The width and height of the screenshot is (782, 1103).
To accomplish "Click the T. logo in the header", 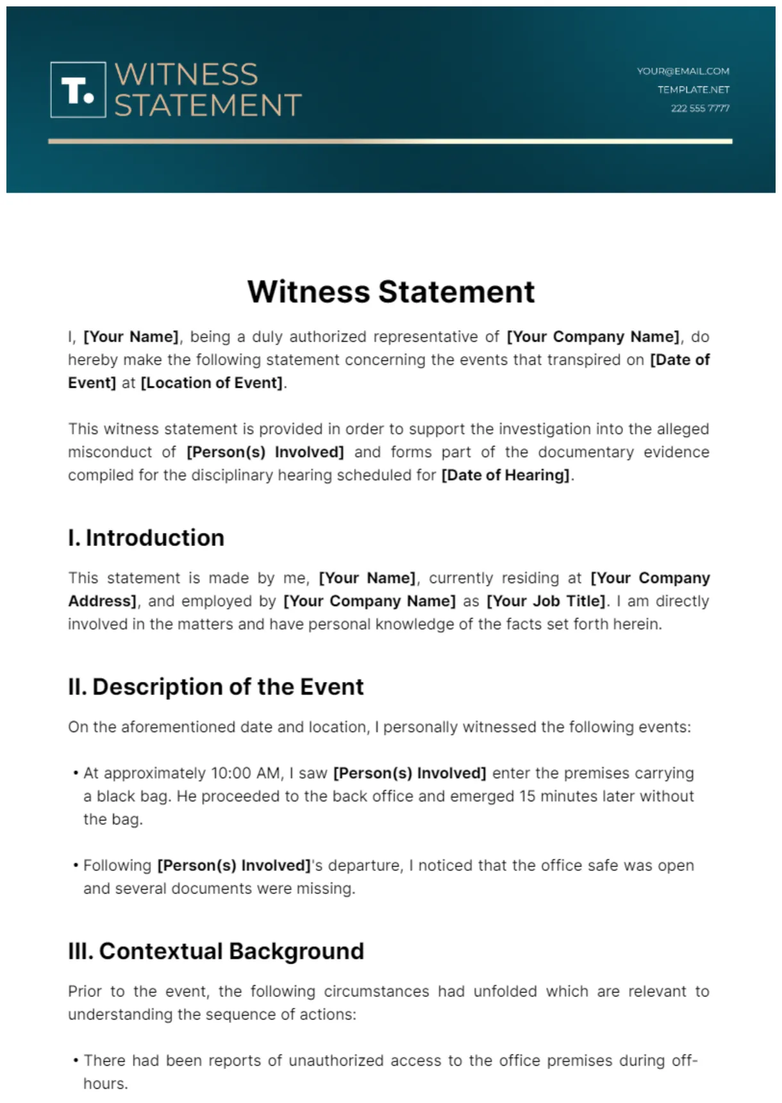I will click(x=78, y=90).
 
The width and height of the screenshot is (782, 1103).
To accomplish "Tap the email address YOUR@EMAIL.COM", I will click(x=683, y=71).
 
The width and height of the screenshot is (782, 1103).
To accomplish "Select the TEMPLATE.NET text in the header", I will click(x=693, y=90).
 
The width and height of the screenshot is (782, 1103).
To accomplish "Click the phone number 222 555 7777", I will click(x=700, y=108).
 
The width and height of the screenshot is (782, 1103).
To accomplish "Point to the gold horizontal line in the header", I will click(x=390, y=141).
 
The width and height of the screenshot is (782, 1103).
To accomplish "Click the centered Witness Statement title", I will click(x=391, y=292).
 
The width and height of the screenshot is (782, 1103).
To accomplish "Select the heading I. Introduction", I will click(x=146, y=538).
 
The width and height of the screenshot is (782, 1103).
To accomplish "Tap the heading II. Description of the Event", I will click(x=215, y=687).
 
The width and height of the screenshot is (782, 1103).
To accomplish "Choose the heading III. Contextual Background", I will click(x=215, y=951).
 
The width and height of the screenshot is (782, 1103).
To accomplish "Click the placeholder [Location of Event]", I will click(x=212, y=383).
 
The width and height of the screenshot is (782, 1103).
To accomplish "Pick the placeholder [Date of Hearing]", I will click(x=505, y=476).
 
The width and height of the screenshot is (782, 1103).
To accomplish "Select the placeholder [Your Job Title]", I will click(x=546, y=601).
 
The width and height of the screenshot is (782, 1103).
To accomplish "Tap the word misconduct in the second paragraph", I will click(x=110, y=452).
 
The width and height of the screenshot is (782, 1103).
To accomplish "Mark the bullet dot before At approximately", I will click(x=76, y=774).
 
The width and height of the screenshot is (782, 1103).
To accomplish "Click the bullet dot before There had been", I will click(x=76, y=1061).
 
